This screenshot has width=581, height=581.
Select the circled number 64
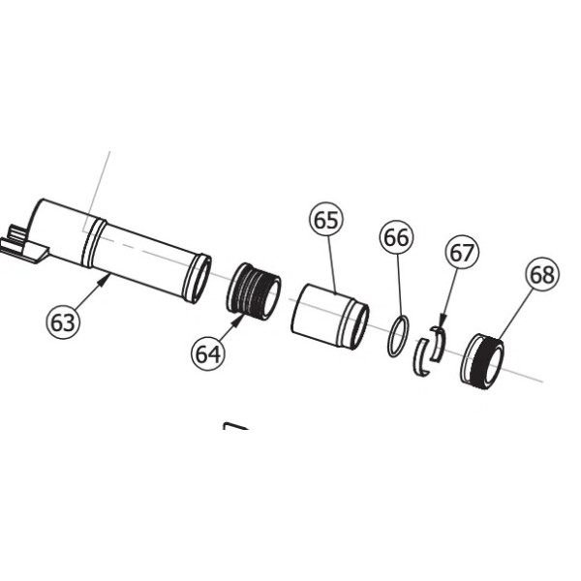[207, 353]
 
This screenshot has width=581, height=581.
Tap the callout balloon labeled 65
[326, 221]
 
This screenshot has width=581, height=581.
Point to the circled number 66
[396, 237]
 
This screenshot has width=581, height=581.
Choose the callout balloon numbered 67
[462, 254]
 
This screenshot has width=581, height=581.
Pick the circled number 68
[542, 275]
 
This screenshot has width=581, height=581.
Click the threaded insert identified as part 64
[254, 290]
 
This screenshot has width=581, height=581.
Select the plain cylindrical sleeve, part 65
[324, 314]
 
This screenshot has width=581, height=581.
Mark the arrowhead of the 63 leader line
[107, 277]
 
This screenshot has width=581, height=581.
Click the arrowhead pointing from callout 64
[237, 311]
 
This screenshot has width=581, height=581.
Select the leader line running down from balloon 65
[330, 261]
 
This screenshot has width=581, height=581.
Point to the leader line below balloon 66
[397, 286]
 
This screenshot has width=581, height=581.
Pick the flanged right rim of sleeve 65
[355, 326]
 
